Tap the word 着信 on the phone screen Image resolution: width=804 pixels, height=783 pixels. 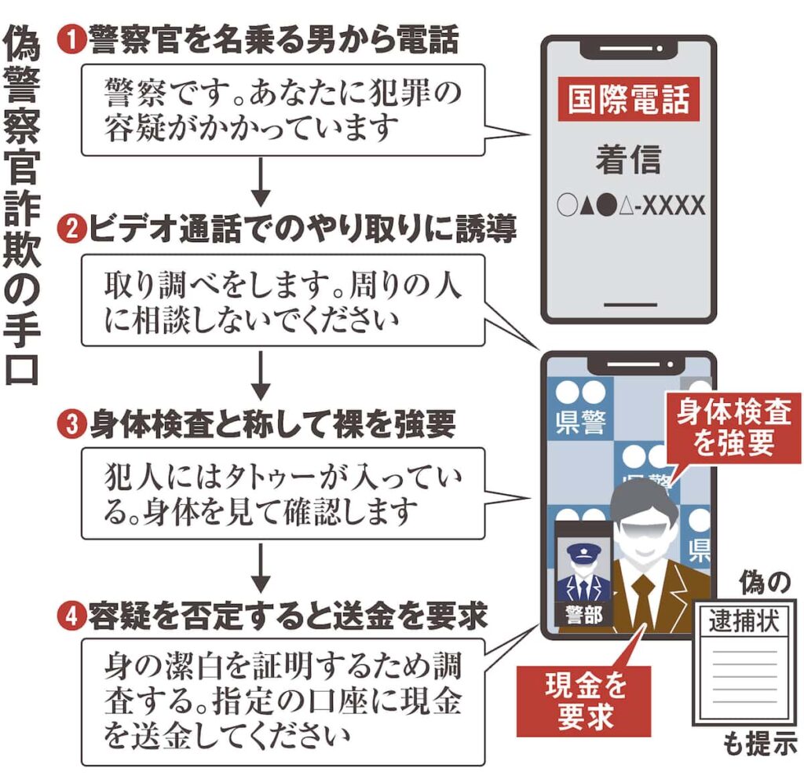[628, 160]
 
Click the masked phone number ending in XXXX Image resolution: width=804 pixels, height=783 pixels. [628, 206]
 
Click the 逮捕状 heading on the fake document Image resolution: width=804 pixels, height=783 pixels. [744, 622]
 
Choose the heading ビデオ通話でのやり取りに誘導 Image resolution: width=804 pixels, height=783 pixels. [302, 230]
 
